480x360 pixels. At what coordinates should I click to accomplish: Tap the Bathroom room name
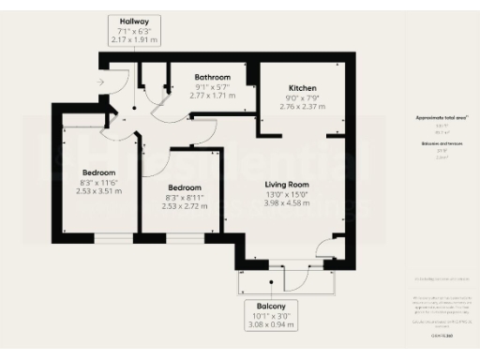coord(213,77)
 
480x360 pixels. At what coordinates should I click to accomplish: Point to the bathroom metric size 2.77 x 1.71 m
coord(213,96)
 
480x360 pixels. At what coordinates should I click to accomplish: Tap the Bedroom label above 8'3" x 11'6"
coord(98,172)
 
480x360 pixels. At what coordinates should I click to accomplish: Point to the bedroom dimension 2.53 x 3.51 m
coord(98,191)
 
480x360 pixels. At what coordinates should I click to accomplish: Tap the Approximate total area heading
coord(442,118)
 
